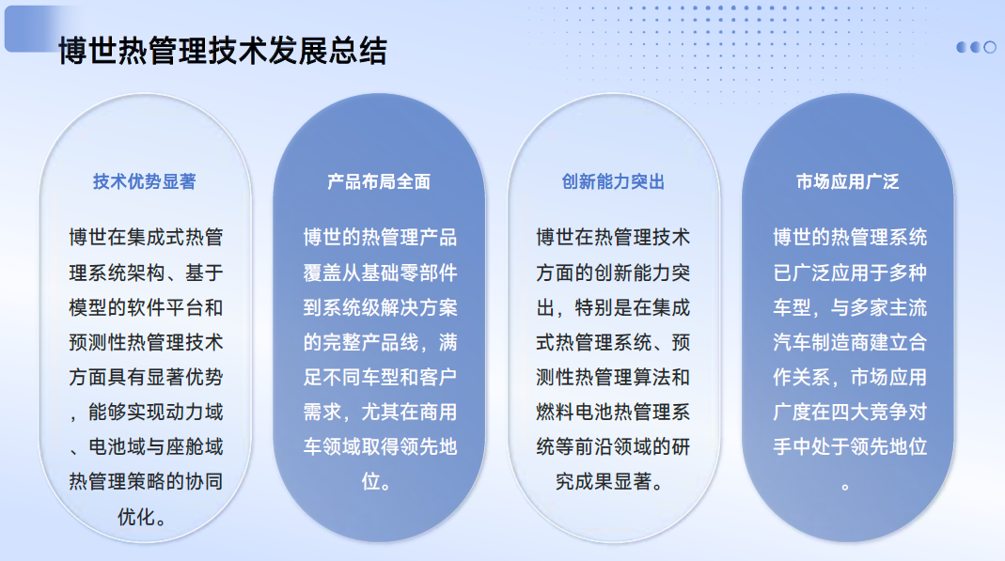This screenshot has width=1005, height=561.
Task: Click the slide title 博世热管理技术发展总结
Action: point(223,52)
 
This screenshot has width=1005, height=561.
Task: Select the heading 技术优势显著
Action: point(144,182)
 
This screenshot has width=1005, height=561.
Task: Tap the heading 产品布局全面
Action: point(379,182)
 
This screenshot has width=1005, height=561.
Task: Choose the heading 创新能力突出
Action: point(613,182)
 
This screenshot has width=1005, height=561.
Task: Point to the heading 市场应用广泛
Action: point(847,182)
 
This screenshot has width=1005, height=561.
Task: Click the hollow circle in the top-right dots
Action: point(990,47)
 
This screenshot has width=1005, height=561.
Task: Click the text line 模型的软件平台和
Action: point(146,307)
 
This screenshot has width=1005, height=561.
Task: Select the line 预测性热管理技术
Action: point(146,342)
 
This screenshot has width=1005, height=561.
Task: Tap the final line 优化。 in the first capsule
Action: point(142,516)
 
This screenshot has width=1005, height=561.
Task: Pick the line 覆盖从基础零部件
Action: point(380,273)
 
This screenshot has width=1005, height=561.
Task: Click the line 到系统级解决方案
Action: point(380,307)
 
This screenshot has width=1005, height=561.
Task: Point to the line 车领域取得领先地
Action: point(380,446)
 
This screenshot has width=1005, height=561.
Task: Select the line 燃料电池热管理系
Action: point(613,412)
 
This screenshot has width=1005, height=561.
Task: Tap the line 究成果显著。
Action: point(610,481)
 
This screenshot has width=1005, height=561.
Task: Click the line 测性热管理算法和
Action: point(613,377)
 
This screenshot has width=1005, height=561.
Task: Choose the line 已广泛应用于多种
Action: point(850,273)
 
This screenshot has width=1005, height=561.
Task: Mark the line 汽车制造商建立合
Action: point(850,342)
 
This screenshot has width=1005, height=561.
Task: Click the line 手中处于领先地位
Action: point(850,446)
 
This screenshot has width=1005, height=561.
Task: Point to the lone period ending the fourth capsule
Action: point(845,487)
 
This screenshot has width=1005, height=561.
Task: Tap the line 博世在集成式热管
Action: point(146,238)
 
